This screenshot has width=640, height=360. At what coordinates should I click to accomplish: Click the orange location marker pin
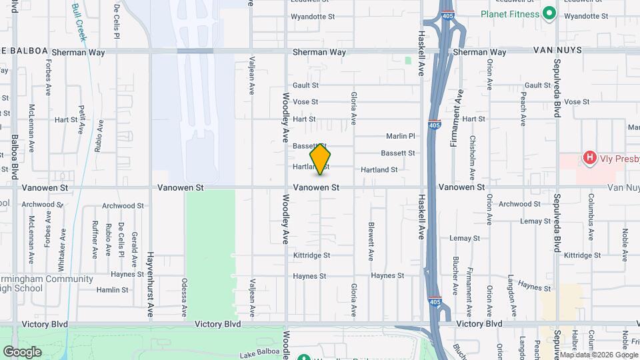[321, 159]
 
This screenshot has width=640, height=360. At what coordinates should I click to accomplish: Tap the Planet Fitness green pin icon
[549, 13]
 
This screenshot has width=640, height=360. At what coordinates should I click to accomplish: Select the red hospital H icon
[589, 158]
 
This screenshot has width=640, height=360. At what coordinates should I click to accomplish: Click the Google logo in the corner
[22, 351]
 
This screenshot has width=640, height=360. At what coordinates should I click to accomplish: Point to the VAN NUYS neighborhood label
[557, 51]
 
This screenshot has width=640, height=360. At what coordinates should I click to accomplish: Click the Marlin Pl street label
[401, 136]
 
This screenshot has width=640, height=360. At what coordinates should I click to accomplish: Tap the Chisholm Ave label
[473, 153]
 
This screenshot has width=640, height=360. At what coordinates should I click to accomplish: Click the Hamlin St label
[112, 290]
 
